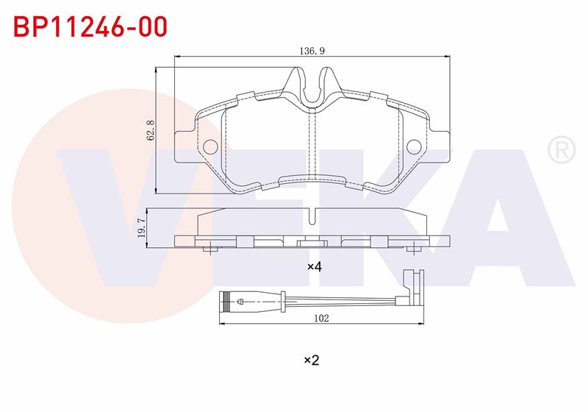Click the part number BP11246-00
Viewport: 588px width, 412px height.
(x=90, y=26)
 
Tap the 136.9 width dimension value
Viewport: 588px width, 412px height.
(x=312, y=51)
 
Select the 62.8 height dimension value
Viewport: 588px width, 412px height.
(x=151, y=130)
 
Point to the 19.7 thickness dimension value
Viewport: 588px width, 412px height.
(x=141, y=228)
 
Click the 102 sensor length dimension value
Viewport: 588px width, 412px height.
(x=321, y=318)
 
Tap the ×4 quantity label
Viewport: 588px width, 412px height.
(x=315, y=267)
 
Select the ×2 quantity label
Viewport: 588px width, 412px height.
(x=311, y=360)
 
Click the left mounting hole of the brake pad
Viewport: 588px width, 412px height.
(x=211, y=146)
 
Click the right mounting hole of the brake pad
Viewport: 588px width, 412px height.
(x=414, y=146)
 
